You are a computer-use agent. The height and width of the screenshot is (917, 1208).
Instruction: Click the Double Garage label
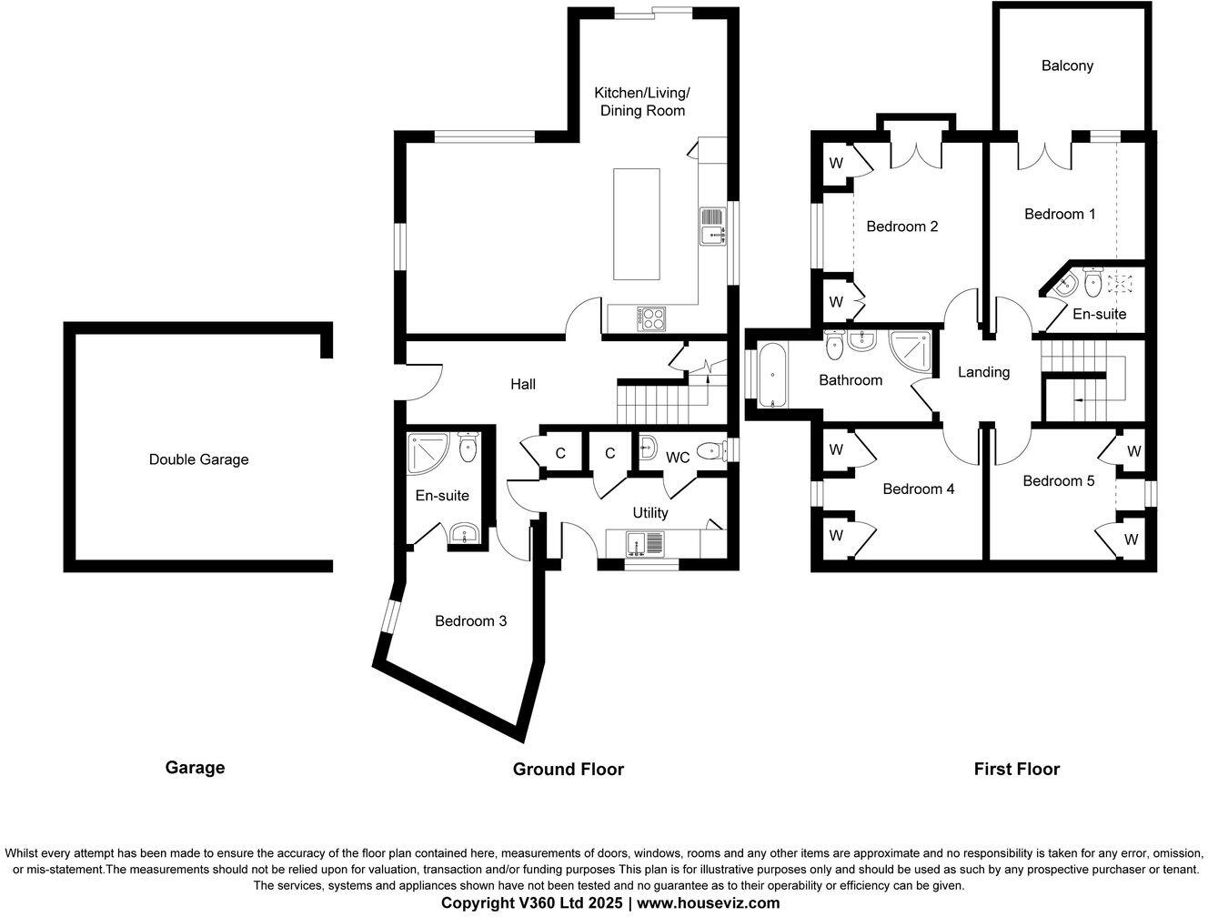(198, 459)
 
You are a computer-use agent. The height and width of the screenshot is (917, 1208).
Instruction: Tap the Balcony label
(1067, 65)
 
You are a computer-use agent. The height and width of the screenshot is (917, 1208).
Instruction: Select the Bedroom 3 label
(470, 621)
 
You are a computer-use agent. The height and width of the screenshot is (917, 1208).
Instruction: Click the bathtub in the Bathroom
(770, 374)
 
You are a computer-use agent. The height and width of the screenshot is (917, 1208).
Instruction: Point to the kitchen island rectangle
(636, 223)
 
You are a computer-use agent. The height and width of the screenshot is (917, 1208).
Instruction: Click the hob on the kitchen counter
(652, 317)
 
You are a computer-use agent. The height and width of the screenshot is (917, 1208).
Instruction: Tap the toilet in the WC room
(710, 449)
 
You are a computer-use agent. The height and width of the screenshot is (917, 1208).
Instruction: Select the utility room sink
(646, 544)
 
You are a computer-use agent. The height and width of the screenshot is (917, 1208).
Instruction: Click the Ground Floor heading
(569, 770)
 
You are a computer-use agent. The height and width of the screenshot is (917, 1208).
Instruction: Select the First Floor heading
(1016, 770)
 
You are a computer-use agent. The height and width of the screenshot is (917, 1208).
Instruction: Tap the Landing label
(983, 372)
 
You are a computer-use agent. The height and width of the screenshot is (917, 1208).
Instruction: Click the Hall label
(522, 384)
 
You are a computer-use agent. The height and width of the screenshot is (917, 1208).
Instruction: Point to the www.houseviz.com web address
(708, 903)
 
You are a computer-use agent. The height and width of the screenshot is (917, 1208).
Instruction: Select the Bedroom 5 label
(1058, 480)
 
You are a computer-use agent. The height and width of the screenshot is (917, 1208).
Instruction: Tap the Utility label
(649, 513)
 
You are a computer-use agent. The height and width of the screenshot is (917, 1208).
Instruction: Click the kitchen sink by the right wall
(713, 227)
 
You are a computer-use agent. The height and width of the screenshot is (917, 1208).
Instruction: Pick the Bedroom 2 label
(901, 227)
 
